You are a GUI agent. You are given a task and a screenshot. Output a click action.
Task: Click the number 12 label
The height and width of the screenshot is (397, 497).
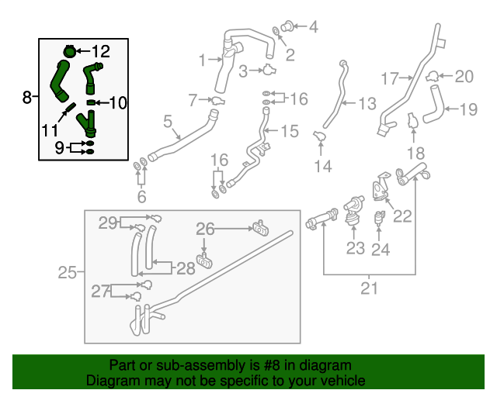pos(101,52)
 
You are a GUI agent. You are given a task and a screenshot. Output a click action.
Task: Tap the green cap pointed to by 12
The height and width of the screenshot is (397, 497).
pos(69,51)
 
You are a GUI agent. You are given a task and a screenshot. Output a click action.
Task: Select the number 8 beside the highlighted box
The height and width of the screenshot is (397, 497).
pos(27,98)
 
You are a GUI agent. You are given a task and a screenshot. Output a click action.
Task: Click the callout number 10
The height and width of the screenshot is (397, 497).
pos(117,102)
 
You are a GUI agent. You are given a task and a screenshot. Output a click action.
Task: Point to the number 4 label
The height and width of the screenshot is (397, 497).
pos(313,27)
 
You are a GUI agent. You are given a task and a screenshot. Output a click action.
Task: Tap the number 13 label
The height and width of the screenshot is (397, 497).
pos(367,102)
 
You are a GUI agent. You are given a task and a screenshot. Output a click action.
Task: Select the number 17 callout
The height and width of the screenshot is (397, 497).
pos(390,78)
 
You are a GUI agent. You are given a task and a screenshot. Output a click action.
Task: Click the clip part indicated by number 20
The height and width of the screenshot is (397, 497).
pos(433,76)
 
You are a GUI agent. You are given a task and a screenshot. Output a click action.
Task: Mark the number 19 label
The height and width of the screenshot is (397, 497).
pos(467,109)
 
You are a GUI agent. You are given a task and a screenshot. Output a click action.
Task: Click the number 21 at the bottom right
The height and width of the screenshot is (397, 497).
pos(369,289)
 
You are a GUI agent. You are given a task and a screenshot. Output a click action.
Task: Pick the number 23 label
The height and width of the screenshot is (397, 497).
pos(355,248)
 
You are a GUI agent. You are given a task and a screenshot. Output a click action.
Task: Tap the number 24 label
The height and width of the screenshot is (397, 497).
pos(381,248)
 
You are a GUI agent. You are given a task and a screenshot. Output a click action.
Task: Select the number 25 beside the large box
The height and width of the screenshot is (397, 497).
pos(68,272)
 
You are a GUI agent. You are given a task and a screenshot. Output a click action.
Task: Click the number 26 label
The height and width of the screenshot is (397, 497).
pos(204,229)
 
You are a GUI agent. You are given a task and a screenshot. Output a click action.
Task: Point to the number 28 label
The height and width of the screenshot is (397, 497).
pos(186,268)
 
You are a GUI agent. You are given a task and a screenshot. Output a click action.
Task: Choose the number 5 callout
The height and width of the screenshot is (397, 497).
pos(167,121)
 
